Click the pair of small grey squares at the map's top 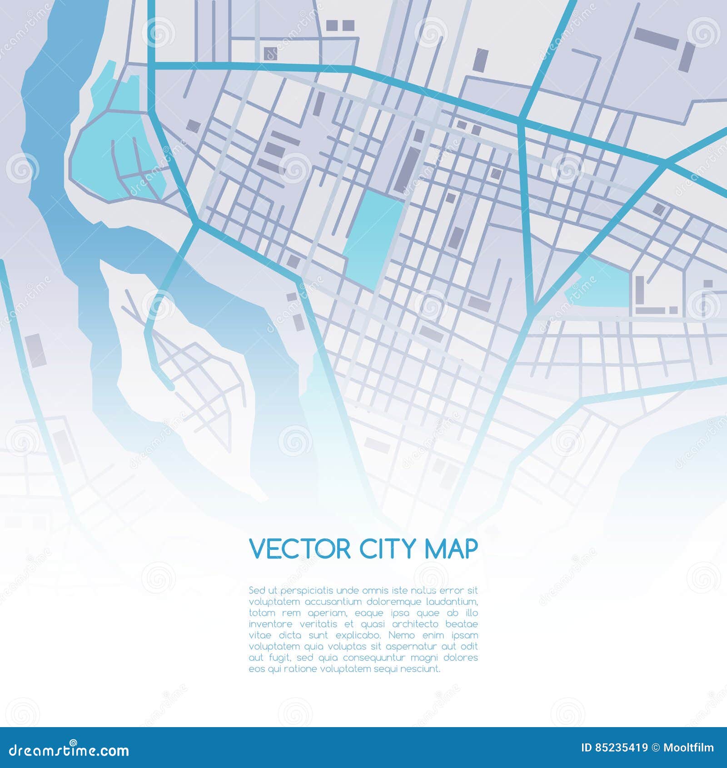point(340,25)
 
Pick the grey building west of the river point(36,350)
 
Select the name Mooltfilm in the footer point(688,748)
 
